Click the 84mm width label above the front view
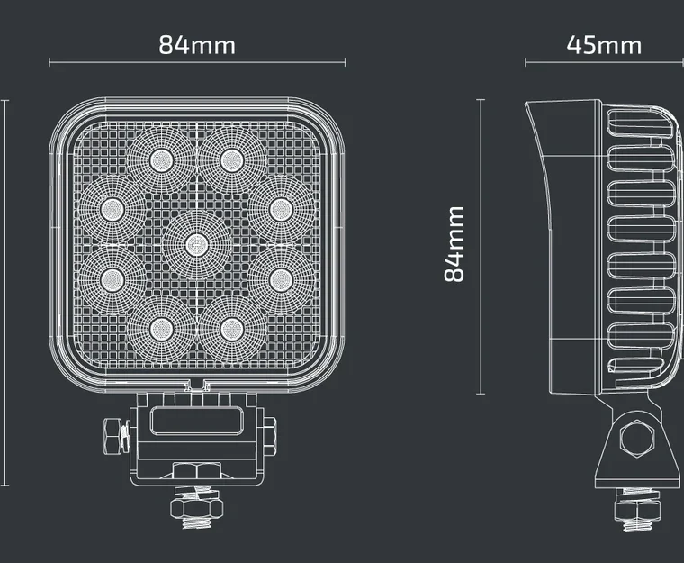pos(197,45)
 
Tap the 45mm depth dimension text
pos(604,45)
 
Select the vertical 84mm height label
pos(454,245)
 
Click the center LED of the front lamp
pos(197,245)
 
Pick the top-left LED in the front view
pos(161,160)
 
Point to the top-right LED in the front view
pos(232,160)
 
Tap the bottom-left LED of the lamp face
pos(161,329)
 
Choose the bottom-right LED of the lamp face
pos(232,329)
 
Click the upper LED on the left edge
pos(112,209)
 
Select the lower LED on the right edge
pos(282,280)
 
